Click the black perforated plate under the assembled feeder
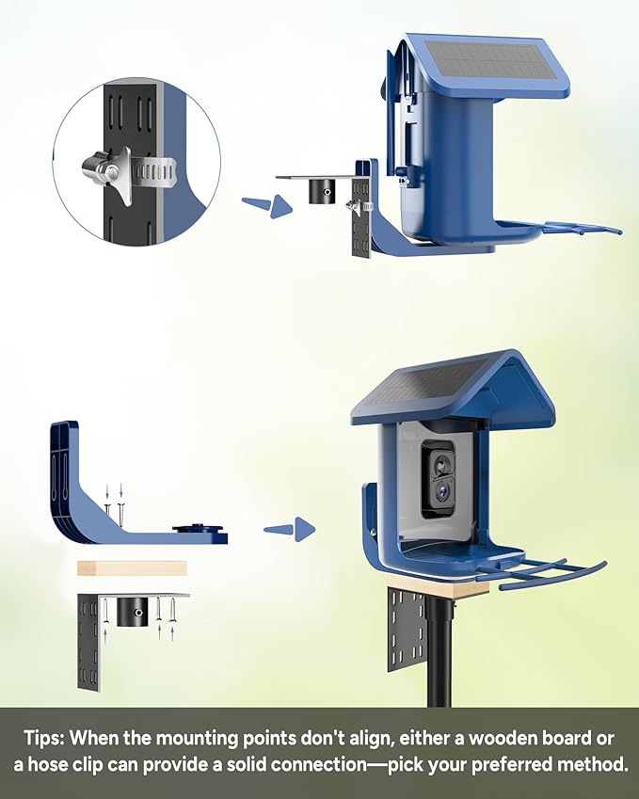coord(406,629)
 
